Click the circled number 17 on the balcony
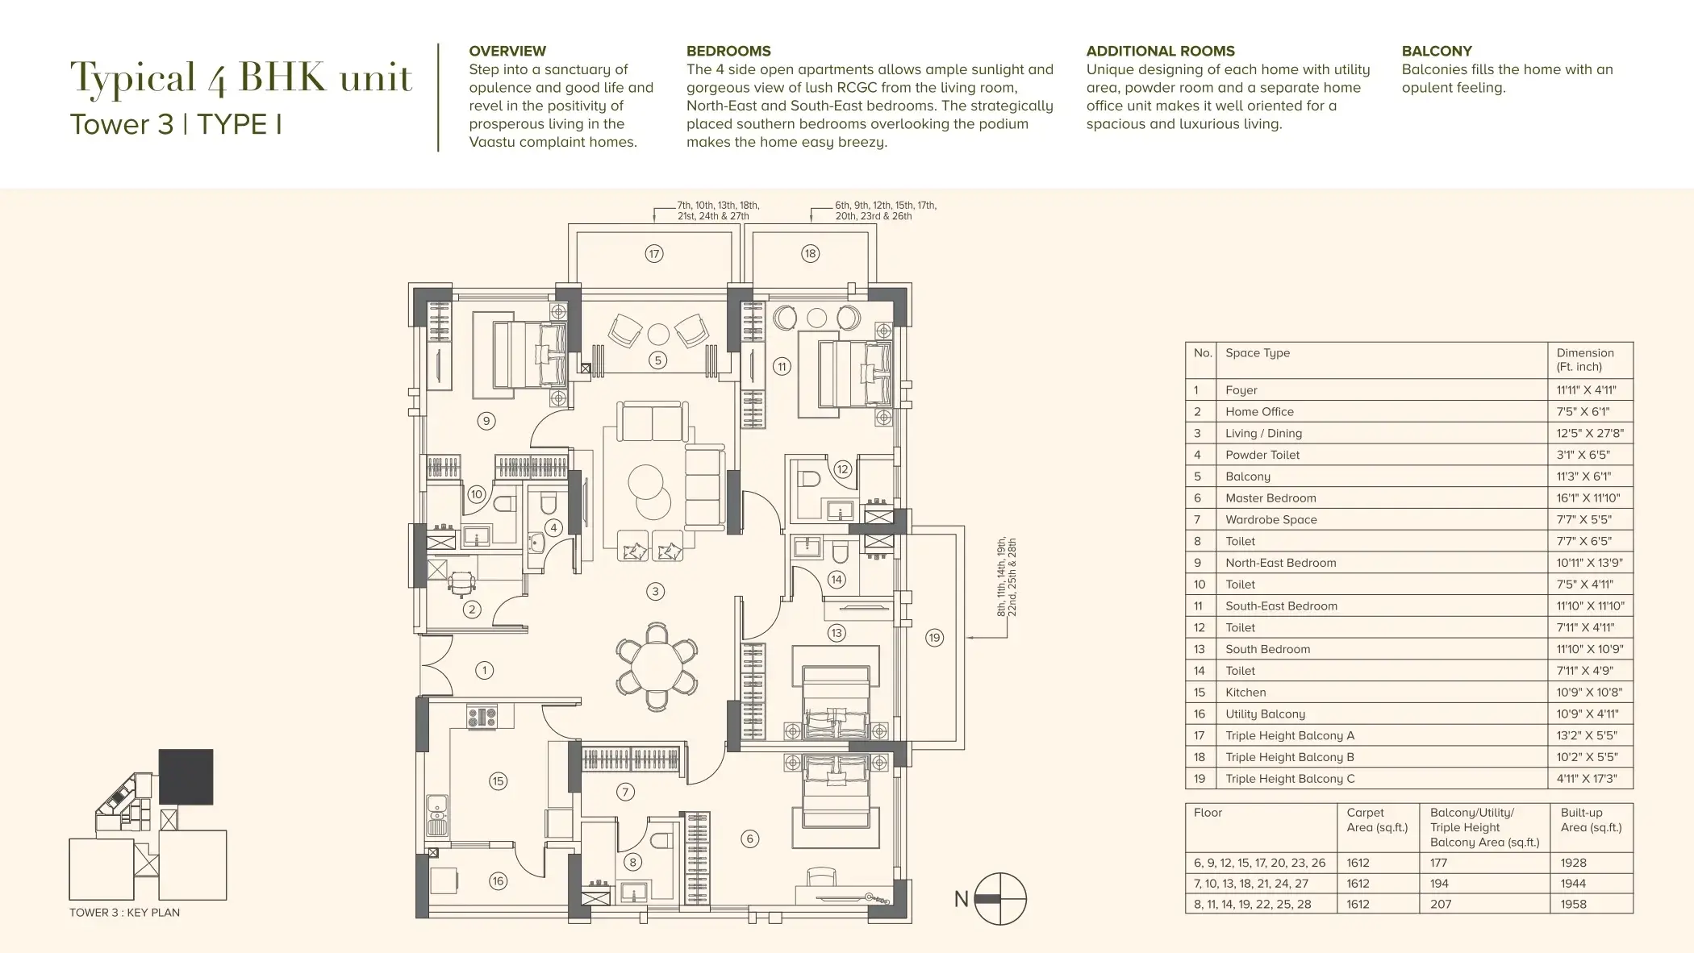pos(654,254)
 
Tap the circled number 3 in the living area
pos(655,592)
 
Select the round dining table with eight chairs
pos(657,665)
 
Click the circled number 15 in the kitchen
pos(498,780)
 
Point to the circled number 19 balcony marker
pos(934,638)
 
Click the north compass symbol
pos(1000,899)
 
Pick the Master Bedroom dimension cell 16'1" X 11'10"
pos(1588,498)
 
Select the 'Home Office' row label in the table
pos(1259,412)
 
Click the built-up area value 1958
pos(1574,905)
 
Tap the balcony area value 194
pos(1440,884)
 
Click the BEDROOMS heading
pos(728,51)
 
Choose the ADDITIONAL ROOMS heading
pos(1161,51)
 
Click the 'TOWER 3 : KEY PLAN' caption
pos(124,913)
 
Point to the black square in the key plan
pos(186,777)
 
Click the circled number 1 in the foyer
pos(484,670)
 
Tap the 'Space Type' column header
pos(1258,353)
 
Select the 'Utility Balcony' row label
pos(1265,714)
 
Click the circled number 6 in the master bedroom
pos(749,839)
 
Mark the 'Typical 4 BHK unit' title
pos(241,78)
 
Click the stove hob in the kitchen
pos(481,717)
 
